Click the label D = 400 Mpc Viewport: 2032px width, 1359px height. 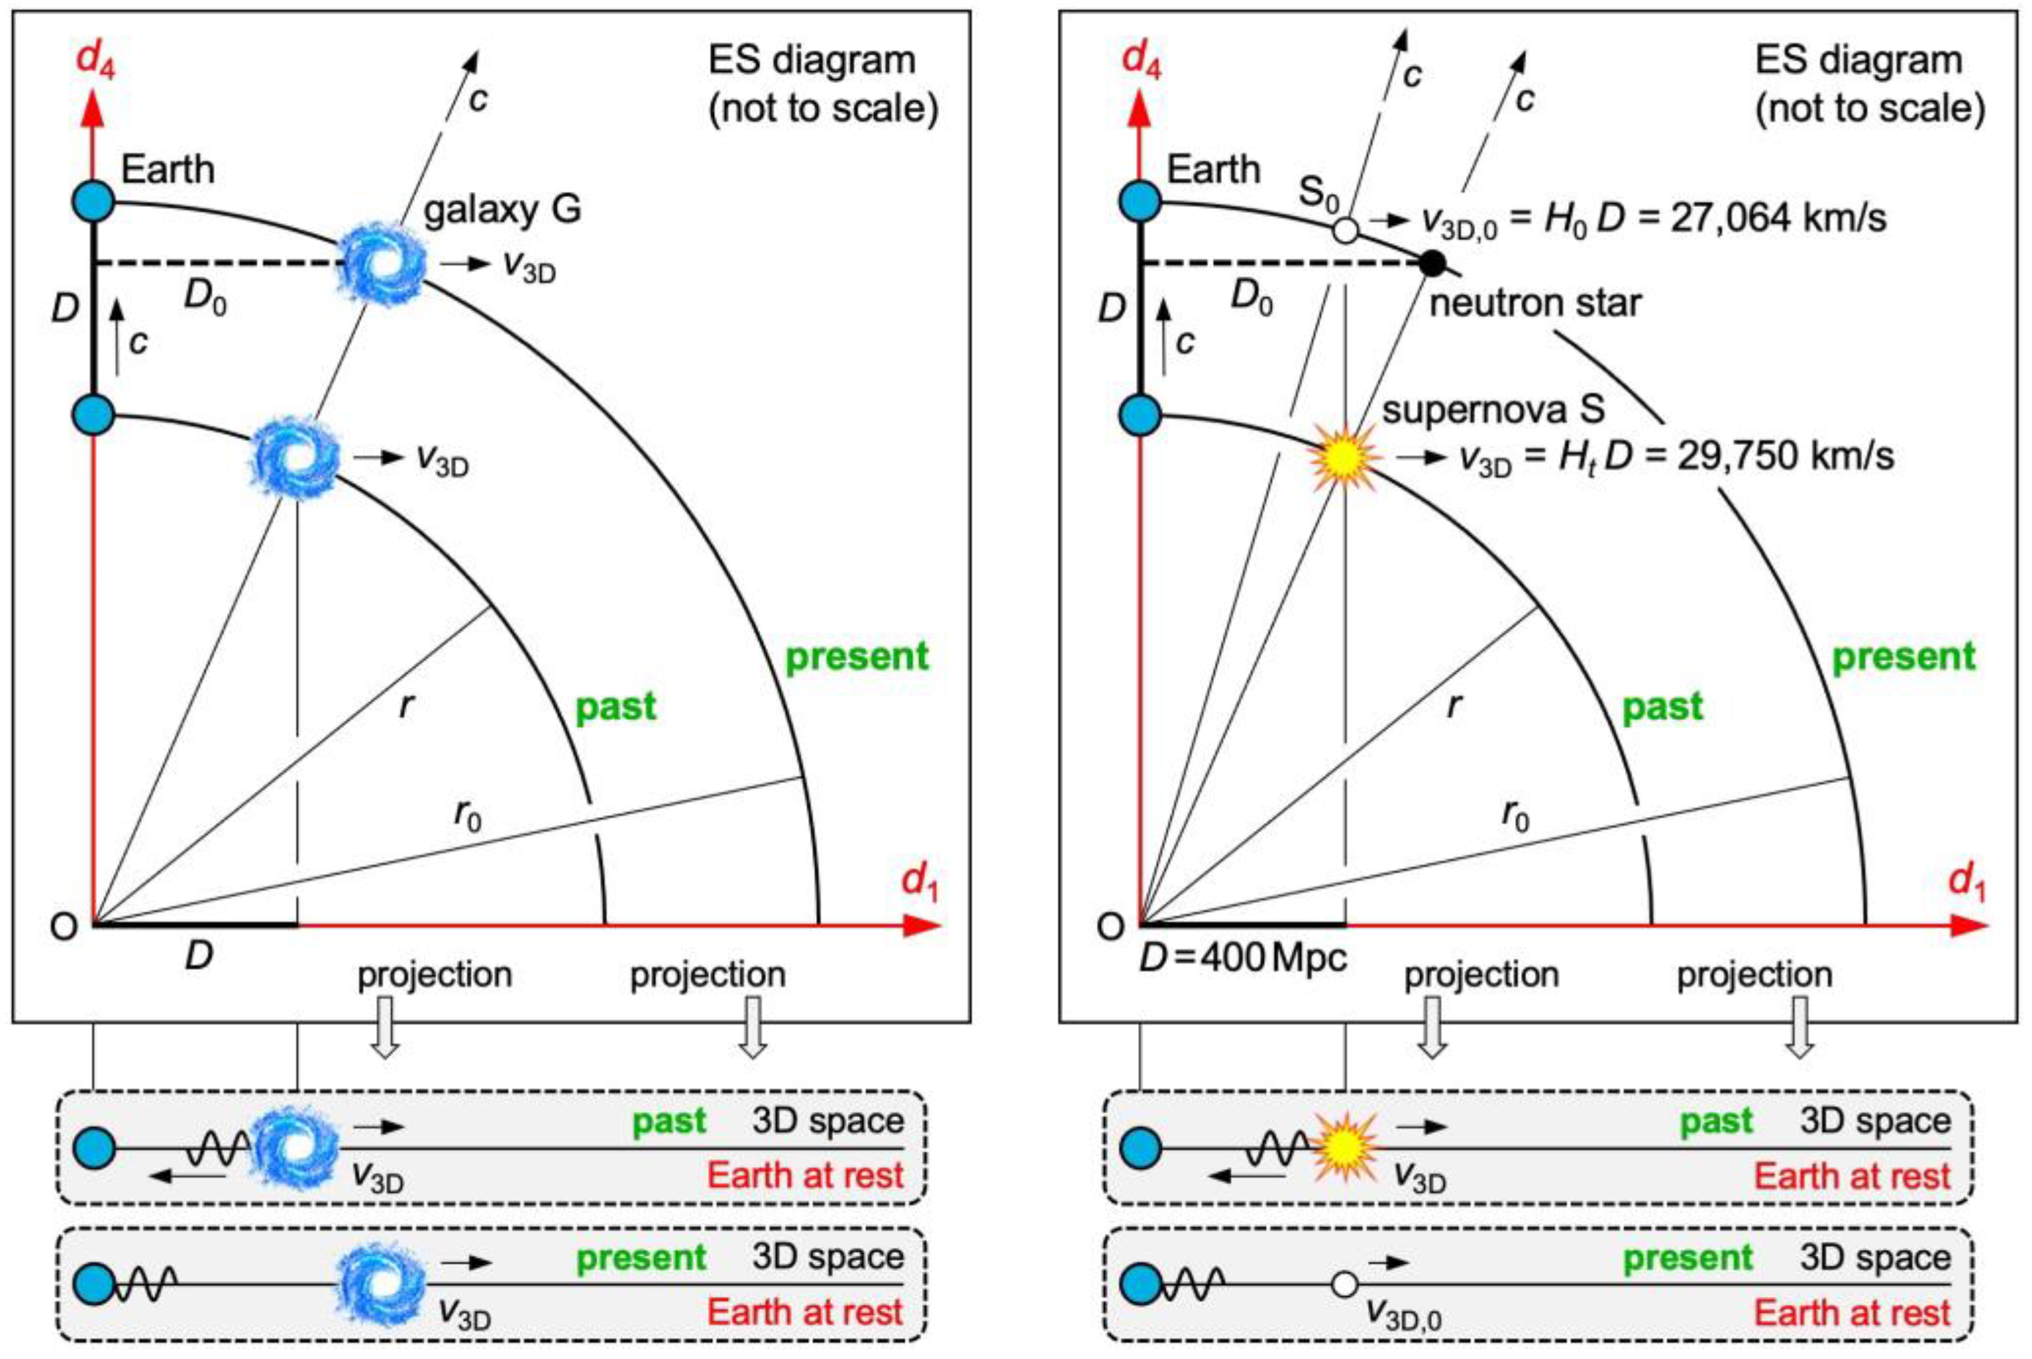(1243, 957)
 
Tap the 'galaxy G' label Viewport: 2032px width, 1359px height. (503, 209)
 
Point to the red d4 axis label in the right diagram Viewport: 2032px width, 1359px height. (1142, 59)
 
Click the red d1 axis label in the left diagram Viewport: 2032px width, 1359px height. (919, 882)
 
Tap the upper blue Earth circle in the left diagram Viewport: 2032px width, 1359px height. (94, 202)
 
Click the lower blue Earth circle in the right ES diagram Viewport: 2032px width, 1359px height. (1141, 414)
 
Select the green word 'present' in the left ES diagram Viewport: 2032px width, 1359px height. (856, 657)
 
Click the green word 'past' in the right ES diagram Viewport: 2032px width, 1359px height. (1662, 707)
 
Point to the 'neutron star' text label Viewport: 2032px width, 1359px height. (1535, 303)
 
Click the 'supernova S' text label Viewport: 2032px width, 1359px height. (1493, 409)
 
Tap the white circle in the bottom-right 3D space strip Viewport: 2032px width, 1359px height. (1344, 1284)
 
